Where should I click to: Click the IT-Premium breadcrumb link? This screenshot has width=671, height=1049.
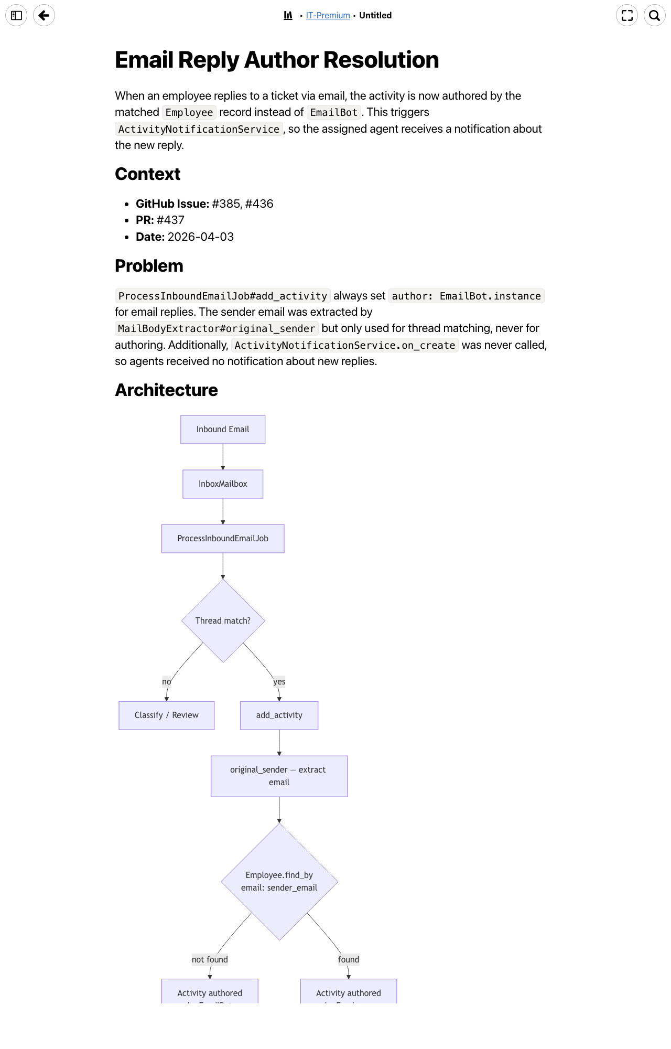[328, 16]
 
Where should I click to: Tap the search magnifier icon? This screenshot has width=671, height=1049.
[654, 15]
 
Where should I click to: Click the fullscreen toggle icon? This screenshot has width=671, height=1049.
[627, 15]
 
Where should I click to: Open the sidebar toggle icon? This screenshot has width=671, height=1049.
[16, 15]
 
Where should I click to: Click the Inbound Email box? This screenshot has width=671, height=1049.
[223, 430]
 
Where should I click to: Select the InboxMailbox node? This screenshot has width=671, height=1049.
[223, 484]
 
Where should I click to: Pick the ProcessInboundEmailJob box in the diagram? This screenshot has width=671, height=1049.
[223, 539]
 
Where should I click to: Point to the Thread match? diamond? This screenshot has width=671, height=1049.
[223, 620]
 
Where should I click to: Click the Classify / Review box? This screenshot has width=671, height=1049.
[166, 715]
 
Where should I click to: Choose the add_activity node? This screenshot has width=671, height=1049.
[279, 715]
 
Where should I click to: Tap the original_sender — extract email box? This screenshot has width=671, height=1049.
[279, 776]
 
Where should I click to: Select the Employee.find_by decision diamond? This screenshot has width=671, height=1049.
[279, 881]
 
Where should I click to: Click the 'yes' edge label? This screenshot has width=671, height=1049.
[279, 682]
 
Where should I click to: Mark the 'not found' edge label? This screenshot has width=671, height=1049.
[210, 960]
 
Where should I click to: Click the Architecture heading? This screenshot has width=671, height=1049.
[166, 390]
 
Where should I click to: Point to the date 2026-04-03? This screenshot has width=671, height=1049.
[200, 237]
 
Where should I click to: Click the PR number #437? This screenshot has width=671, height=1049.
[170, 220]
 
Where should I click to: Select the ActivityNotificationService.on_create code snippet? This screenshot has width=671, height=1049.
[345, 346]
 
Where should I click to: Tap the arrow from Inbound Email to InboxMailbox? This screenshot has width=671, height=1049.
[223, 457]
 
